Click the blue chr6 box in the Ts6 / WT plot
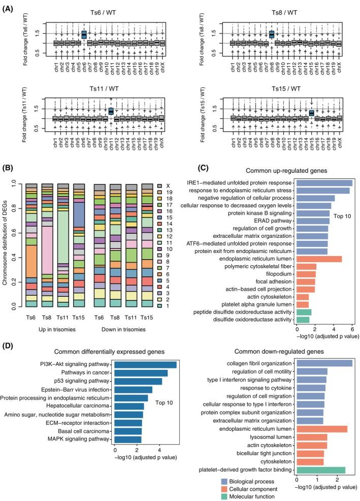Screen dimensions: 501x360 pyautogui.click(x=84, y=35)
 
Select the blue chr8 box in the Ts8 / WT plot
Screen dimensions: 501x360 pyautogui.click(x=272, y=35)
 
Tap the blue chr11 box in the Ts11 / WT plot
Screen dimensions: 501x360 pyautogui.click(x=111, y=111)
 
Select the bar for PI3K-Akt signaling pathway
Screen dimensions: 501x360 pyautogui.click(x=145, y=364)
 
